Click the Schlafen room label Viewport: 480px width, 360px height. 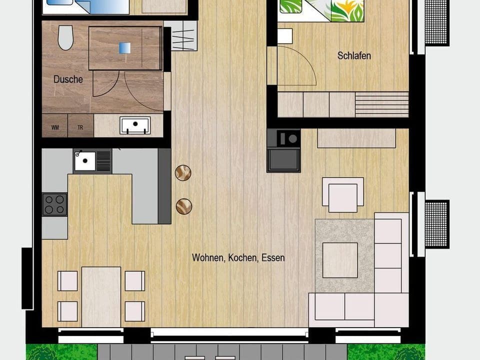pyautogui.click(x=354, y=55)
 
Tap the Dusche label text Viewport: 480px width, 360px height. pyautogui.click(x=68, y=79)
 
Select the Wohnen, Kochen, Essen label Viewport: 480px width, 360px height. pyautogui.click(x=238, y=258)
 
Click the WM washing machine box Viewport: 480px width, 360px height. pyautogui.click(x=54, y=127)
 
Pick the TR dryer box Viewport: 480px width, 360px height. pyautogui.click(x=80, y=127)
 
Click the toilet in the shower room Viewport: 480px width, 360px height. pyautogui.click(x=65, y=37)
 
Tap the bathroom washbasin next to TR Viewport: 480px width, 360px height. pyautogui.click(x=135, y=125)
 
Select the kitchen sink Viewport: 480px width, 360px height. pyautogui.click(x=85, y=160)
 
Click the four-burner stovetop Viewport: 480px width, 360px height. pyautogui.click(x=54, y=204)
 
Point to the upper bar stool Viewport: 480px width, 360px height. pyautogui.click(x=183, y=173)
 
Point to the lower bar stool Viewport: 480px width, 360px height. pyautogui.click(x=183, y=206)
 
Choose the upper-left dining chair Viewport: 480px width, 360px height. pyautogui.click(x=67, y=280)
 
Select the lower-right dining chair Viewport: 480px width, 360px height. pyautogui.click(x=134, y=311)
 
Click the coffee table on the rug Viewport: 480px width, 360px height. pyautogui.click(x=340, y=259)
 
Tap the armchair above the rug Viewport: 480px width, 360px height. pyautogui.click(x=342, y=194)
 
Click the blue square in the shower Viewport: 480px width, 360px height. pyautogui.click(x=124, y=47)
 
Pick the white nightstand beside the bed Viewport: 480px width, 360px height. pyautogui.click(x=284, y=36)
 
